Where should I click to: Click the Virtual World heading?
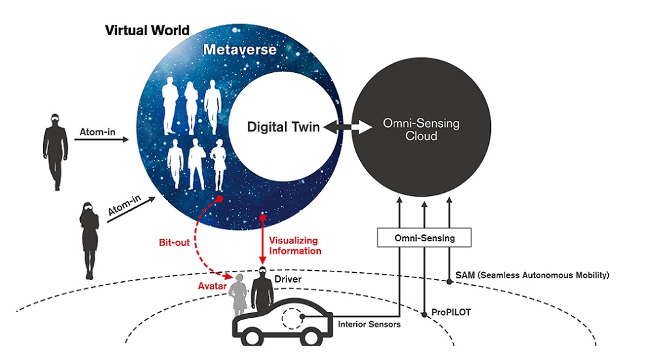tap(147, 30)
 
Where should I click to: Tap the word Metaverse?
tap(240, 50)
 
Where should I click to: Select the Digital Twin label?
tap(283, 128)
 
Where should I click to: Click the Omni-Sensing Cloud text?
tap(421, 130)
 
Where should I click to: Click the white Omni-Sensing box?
tap(424, 238)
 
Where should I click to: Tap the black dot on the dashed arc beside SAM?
tap(449, 282)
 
